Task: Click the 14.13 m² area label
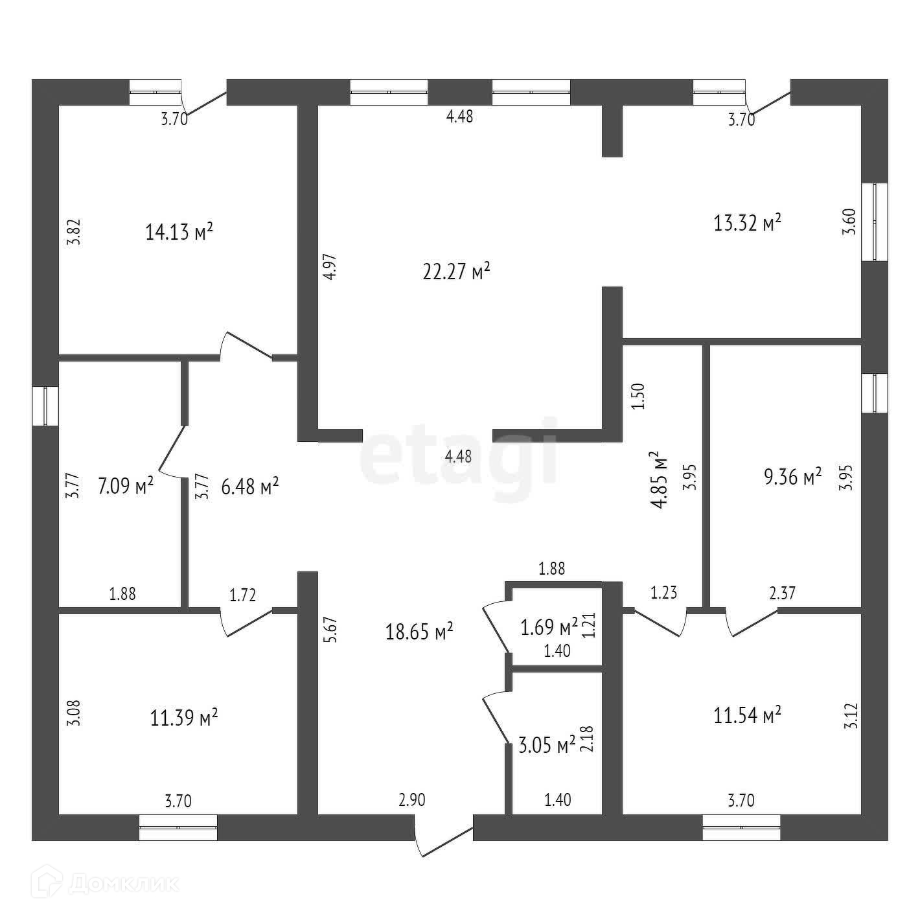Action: click(x=179, y=232)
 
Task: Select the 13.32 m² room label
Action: click(x=747, y=224)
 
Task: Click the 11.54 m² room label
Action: click(x=747, y=715)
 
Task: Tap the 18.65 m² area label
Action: click(x=419, y=632)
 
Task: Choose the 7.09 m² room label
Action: click(x=126, y=485)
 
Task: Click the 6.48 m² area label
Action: click(x=250, y=486)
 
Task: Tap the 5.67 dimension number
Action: click(x=330, y=629)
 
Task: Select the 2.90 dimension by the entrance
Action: click(x=412, y=799)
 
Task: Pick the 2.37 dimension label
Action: click(x=782, y=593)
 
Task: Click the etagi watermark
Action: click(x=459, y=451)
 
